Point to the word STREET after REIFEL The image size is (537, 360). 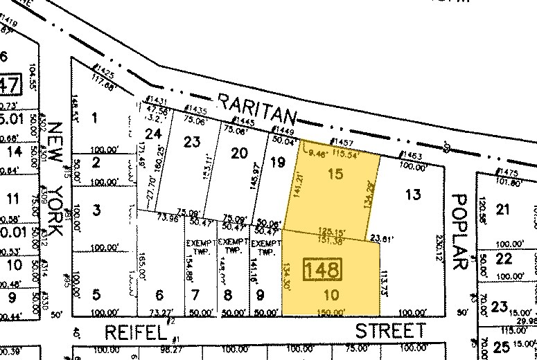click(x=391, y=330)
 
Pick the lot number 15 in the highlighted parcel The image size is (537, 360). click(x=335, y=174)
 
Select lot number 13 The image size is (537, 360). click(x=413, y=195)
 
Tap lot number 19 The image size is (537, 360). click(x=277, y=163)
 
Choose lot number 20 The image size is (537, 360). click(x=239, y=153)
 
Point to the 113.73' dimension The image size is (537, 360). click(x=385, y=281)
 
